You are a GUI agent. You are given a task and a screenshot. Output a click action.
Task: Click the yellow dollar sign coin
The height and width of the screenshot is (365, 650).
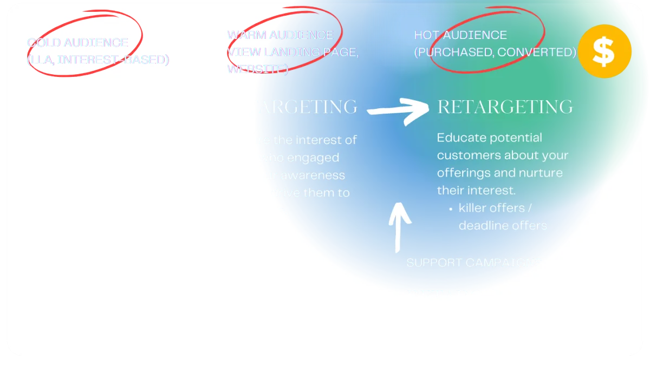604,51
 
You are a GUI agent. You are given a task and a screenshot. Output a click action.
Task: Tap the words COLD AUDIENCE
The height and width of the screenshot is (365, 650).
77,43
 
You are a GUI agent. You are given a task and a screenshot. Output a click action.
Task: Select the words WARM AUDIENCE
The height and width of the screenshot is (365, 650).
280,35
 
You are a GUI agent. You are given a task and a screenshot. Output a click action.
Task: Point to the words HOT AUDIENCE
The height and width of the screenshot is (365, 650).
460,35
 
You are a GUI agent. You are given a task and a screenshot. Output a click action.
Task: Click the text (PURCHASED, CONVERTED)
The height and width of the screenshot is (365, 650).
495,52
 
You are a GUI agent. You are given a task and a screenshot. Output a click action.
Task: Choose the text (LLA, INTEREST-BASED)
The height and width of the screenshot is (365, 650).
98,60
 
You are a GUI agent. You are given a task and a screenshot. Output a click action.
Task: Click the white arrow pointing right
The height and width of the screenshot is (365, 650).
398,111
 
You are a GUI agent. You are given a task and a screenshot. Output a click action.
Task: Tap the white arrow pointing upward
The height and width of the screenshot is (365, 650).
399,226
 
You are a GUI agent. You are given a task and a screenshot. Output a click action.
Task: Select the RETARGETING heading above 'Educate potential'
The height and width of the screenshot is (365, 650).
505,107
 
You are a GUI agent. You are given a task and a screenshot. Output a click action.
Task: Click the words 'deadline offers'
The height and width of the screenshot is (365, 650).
503,225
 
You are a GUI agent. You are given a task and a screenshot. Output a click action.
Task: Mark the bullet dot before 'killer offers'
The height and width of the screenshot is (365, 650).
451,208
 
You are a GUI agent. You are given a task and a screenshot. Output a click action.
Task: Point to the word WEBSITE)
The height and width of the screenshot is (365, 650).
257,69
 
